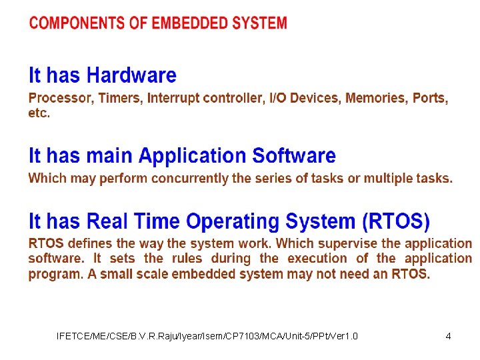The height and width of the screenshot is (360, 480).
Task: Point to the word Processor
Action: coord(61,98)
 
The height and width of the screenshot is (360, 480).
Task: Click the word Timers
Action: coord(120,98)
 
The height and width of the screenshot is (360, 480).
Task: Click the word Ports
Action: coord(430,98)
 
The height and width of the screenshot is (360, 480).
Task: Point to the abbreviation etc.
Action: coord(39,113)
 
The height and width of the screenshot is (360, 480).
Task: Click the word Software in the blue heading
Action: coord(294,156)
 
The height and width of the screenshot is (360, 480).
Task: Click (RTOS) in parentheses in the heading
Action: coord(397,221)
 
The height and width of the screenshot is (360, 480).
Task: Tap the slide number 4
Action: coord(448,336)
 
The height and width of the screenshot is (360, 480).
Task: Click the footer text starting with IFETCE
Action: coord(207,336)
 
